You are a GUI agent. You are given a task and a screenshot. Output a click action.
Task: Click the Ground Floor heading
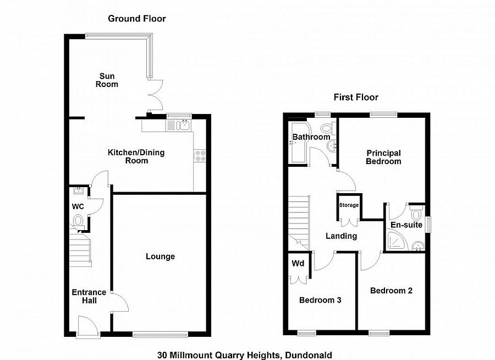click(x=136, y=19)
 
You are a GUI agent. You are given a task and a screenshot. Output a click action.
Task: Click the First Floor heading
click(x=356, y=97)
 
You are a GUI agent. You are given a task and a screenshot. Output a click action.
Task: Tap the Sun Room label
click(x=107, y=80)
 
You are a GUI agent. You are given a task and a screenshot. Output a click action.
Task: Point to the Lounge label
click(x=160, y=257)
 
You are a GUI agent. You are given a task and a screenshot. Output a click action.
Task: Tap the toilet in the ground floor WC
click(x=79, y=221)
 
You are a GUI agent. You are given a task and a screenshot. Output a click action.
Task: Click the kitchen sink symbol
click(x=183, y=125)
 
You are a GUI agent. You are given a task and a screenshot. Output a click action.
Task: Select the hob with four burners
click(x=199, y=156)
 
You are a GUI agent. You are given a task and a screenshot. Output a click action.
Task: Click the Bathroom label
click(x=311, y=137)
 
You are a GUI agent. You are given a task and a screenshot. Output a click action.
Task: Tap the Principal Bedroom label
click(x=384, y=157)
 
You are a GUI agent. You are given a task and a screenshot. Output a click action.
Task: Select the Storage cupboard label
click(x=349, y=205)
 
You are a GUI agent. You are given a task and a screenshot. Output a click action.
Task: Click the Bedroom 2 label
click(x=391, y=291)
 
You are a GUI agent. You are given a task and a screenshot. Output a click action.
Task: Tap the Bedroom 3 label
click(x=320, y=301)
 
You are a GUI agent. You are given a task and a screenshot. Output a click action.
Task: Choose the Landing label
click(x=341, y=236)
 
